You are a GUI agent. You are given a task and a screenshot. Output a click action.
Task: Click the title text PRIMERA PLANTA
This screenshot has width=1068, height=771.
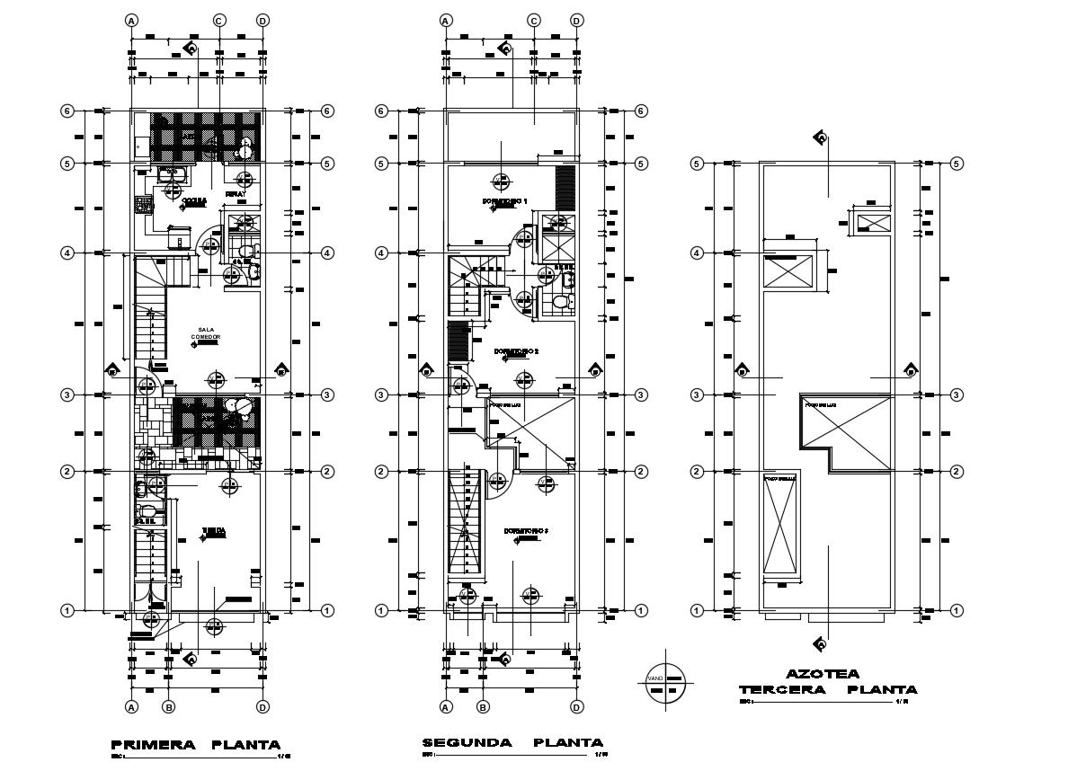coord(195,744)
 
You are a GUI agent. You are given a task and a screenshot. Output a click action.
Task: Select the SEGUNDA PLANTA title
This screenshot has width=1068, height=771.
coord(512,742)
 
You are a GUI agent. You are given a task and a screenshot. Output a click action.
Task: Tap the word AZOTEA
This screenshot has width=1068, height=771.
coord(822,673)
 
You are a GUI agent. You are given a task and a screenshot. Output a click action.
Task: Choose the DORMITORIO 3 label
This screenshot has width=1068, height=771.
coord(525,530)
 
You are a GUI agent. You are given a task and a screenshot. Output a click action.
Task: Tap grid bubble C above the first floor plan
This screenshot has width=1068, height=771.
coord(218,20)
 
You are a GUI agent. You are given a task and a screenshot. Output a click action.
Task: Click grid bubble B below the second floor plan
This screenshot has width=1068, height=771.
coord(483,707)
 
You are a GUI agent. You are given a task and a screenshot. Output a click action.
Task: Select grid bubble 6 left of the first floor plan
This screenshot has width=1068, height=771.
coord(67,111)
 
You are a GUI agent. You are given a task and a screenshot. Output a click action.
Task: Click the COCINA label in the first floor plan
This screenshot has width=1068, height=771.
coord(194,200)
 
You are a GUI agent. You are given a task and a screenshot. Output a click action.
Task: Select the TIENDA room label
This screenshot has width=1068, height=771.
coord(213,530)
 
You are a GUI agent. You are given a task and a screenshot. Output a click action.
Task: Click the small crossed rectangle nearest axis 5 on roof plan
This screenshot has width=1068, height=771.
coord(872,222)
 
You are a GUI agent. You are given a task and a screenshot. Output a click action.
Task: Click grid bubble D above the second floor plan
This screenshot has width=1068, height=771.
coord(577,20)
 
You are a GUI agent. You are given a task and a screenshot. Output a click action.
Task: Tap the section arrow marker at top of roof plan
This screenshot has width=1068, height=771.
coord(820,137)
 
